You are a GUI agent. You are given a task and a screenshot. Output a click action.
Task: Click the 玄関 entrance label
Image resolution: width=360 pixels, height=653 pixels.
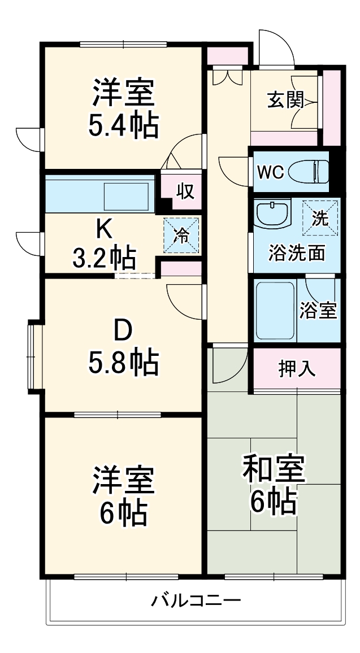tap(285, 101)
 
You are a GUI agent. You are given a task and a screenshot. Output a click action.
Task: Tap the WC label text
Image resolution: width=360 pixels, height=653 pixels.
tap(270, 172)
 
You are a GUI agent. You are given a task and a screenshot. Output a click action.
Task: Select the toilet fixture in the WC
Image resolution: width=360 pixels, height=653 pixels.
tap(310, 171)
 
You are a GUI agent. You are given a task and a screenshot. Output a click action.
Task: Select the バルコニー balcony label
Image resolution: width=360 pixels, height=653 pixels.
tap(196, 600)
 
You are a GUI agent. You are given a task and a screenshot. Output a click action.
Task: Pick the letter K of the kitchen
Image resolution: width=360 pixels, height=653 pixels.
tap(103, 228)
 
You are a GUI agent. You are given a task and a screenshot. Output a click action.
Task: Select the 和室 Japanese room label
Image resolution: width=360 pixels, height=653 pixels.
tap(274, 469)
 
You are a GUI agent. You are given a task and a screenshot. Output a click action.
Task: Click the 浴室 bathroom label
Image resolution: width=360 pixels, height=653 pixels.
tap(318, 310)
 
